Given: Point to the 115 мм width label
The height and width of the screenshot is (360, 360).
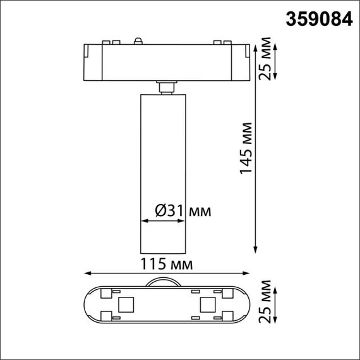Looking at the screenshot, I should [x=165, y=262].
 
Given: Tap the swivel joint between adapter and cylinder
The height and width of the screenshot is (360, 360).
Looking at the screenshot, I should [x=165, y=87].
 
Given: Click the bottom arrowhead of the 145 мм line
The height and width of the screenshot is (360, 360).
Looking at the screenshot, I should [x=256, y=249].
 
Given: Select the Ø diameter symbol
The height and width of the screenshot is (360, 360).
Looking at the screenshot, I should [x=160, y=210].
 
